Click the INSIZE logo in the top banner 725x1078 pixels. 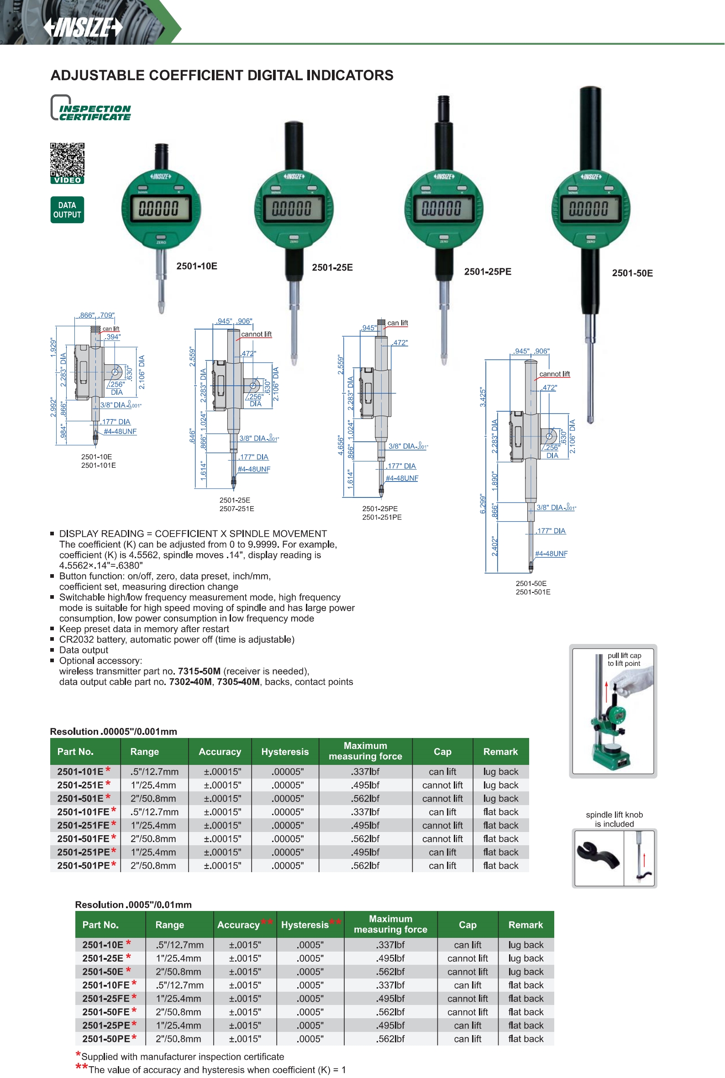click(83, 27)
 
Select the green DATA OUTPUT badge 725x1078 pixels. click(67, 210)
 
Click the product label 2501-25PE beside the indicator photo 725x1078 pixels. click(487, 272)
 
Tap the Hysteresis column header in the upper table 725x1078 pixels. click(285, 752)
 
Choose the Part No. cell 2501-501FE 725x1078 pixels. click(83, 838)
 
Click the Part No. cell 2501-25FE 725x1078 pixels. click(106, 999)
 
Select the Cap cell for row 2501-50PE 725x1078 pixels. click(468, 1039)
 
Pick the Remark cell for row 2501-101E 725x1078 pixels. click(501, 771)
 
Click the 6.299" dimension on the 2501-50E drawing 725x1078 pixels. click(483, 504)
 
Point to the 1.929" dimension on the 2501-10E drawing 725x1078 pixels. click(53, 348)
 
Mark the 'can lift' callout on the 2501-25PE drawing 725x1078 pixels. click(397, 323)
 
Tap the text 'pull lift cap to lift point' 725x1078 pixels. click(624, 659)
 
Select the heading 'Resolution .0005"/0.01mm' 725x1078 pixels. click(133, 905)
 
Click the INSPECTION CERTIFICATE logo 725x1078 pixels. click(91, 109)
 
